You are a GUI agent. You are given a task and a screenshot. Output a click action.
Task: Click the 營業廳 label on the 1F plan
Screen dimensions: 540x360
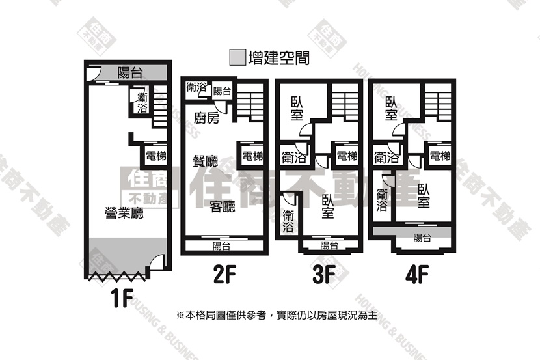(124, 214)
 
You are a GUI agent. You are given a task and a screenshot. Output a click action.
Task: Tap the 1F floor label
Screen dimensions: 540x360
(122, 298)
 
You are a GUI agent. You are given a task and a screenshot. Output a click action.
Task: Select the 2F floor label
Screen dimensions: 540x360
(224, 275)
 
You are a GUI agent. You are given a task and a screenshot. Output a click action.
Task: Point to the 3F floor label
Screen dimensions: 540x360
(324, 275)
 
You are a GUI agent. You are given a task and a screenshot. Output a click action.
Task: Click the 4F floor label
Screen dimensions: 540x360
(417, 275)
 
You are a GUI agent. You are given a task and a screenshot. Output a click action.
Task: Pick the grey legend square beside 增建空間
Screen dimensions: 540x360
(237, 57)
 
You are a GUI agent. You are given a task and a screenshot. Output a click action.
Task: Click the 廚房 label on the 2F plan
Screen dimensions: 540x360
(206, 118)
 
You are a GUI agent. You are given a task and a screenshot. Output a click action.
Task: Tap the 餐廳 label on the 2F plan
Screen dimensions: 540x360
(205, 161)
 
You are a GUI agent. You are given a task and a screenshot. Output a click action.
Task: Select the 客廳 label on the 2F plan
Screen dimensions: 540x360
(223, 206)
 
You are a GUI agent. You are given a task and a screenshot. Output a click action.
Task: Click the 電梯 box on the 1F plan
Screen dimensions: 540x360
(155, 156)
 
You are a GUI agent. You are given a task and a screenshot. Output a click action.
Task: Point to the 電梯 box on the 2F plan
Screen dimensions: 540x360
(252, 156)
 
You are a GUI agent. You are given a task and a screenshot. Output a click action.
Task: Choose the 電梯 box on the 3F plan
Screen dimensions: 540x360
(347, 156)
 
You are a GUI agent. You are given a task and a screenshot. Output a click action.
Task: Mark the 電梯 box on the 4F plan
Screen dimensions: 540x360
(440, 156)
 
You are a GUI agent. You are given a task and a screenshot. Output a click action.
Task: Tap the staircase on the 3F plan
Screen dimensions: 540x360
(345, 102)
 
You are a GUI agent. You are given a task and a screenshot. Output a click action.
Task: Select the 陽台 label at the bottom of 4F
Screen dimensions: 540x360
(422, 238)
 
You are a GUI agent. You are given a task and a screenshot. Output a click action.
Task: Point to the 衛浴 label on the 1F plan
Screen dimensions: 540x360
(142, 103)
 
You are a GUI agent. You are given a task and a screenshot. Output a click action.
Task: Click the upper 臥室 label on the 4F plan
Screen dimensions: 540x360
(391, 108)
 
